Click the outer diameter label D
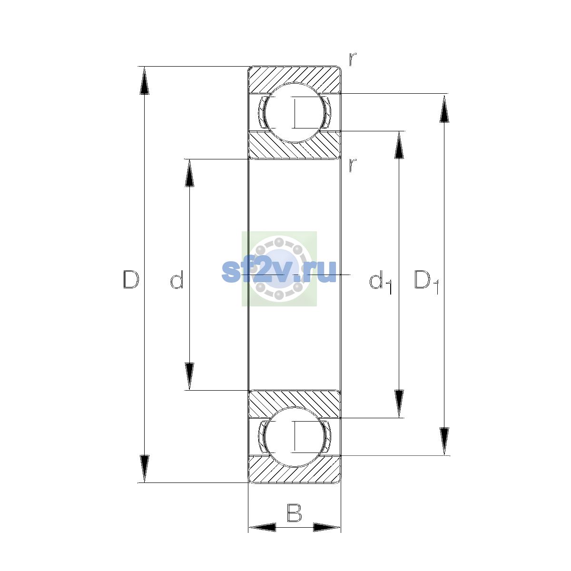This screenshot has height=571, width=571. point(131,279)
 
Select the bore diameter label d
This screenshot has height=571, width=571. point(177,279)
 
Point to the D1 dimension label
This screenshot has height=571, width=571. point(426,282)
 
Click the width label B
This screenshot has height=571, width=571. point(294,513)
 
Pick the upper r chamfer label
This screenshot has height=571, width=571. point(353,59)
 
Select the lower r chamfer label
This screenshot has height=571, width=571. point(353,165)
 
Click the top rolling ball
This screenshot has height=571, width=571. point(294,113)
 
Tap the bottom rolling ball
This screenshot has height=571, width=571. point(294,437)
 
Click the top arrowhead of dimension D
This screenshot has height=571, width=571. point(144,80)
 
